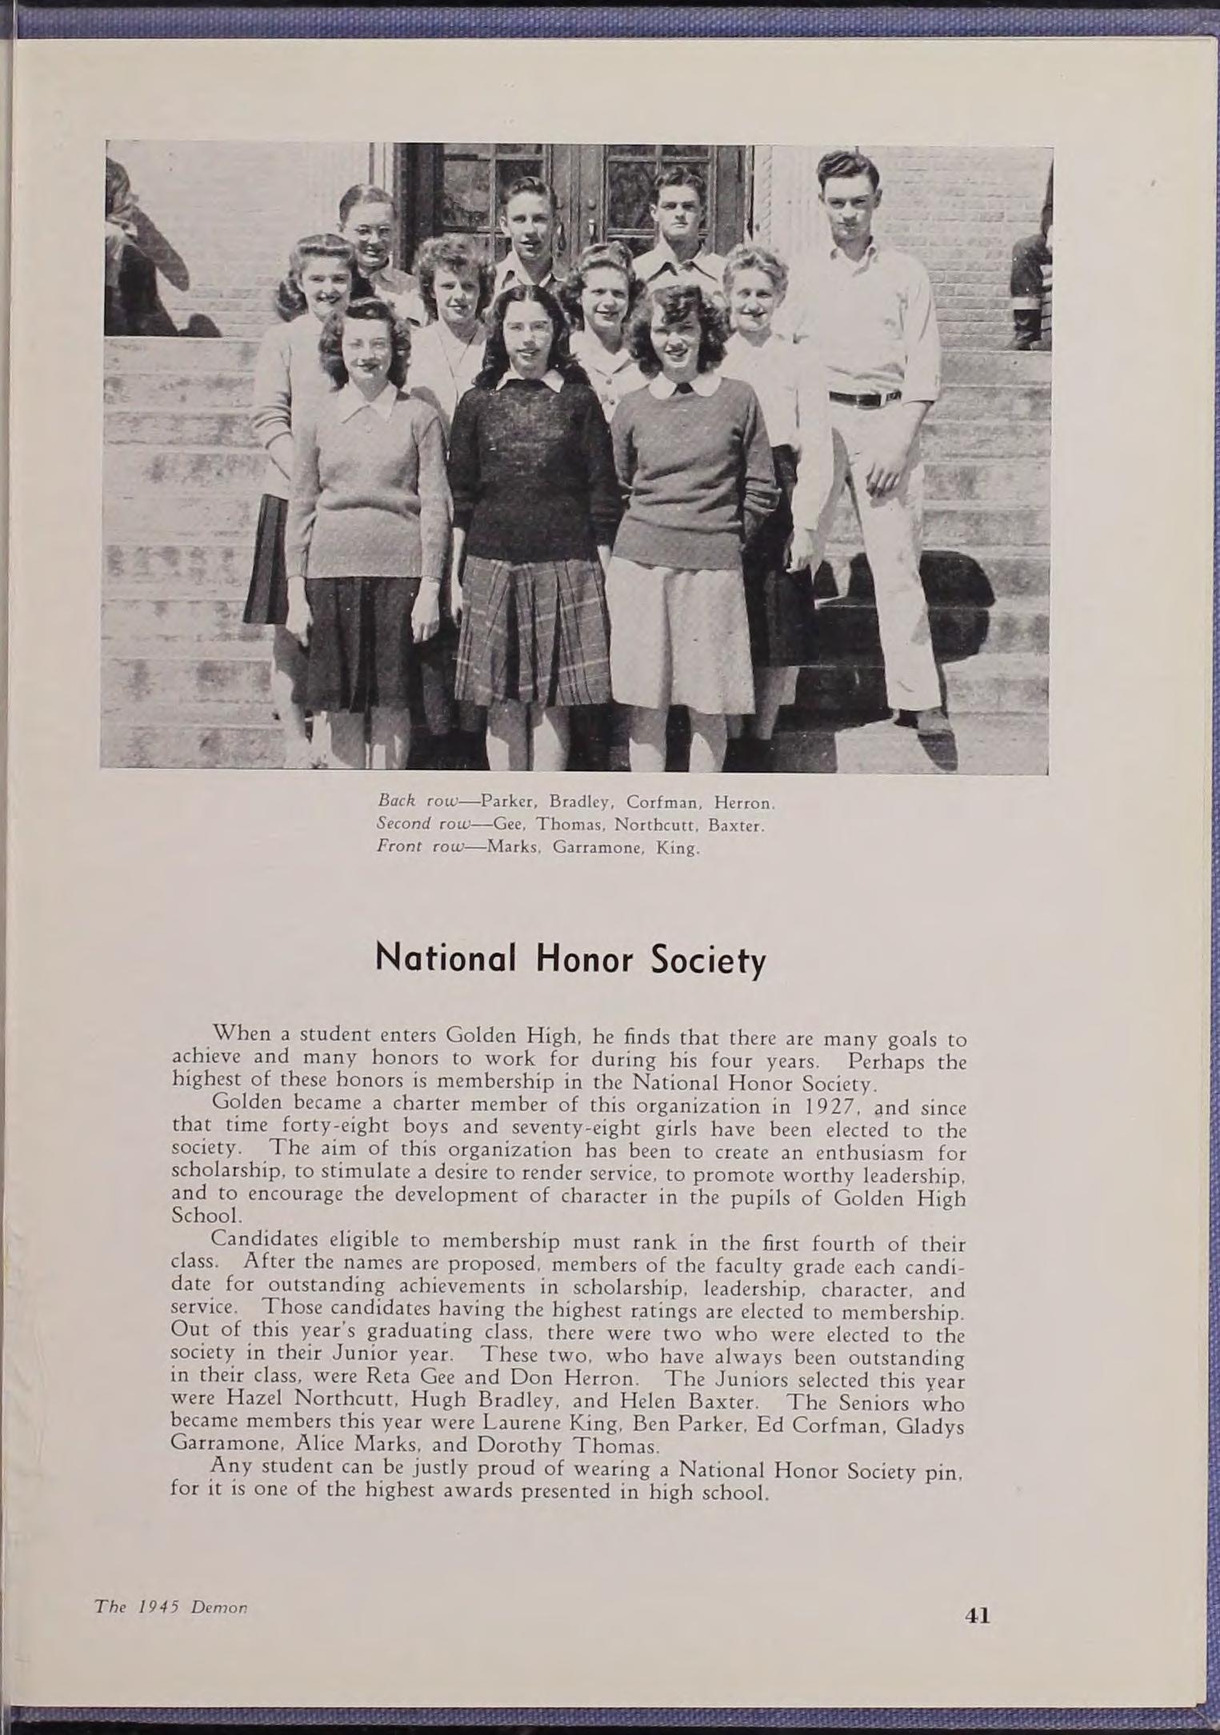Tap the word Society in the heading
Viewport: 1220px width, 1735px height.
pos(708,959)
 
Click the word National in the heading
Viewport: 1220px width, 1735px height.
pos(444,957)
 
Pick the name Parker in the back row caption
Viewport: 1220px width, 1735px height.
pos(508,802)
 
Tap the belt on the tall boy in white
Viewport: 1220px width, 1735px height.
pos(864,398)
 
